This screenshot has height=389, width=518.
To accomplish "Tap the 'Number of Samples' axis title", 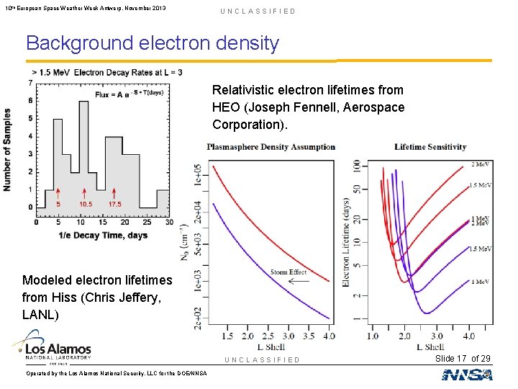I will tap(8, 149).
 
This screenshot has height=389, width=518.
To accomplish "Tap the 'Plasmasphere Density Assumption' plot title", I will tap(271, 147).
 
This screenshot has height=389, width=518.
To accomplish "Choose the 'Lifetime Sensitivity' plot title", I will tap(430, 147).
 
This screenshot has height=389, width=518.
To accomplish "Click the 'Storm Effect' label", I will tap(288, 272).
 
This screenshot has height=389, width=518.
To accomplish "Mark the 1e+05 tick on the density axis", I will tap(196, 174).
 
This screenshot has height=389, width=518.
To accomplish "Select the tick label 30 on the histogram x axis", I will tap(169, 222).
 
